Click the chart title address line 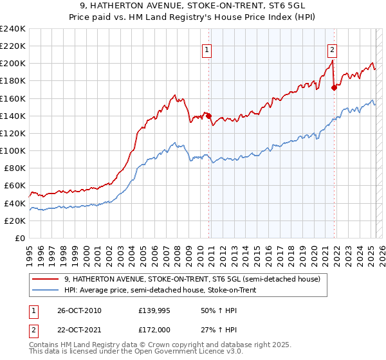(193, 5)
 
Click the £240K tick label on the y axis (13, 29)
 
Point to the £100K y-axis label (13, 150)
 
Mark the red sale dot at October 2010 (209, 116)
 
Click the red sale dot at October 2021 (334, 87)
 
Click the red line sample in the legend (46, 279)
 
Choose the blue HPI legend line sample (46, 290)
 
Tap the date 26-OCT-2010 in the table (78, 310)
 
